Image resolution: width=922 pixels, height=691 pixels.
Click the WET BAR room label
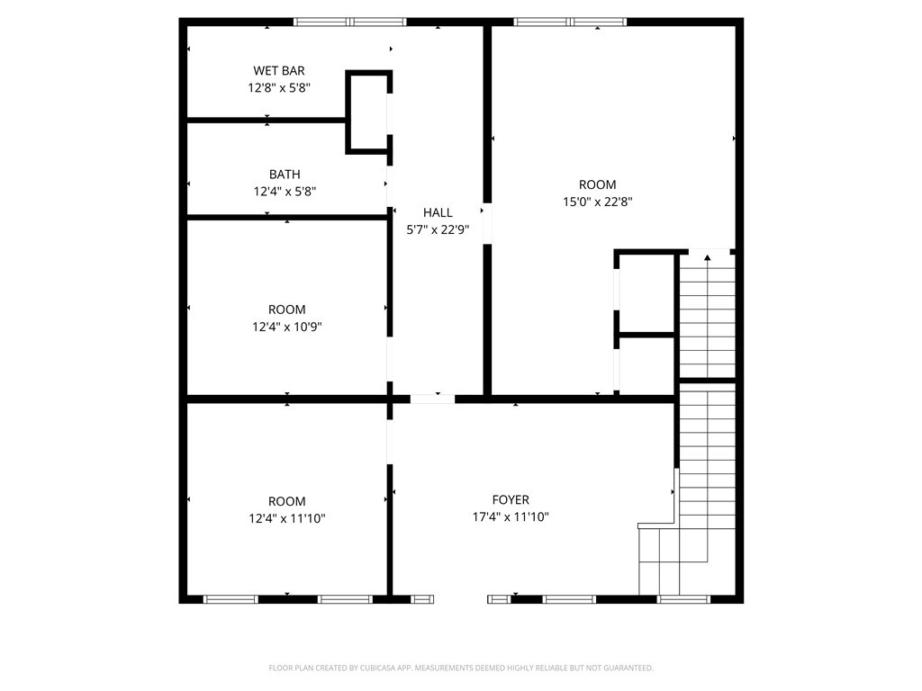click(x=278, y=70)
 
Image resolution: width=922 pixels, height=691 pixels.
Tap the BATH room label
click(x=285, y=174)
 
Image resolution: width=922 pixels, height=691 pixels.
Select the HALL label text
click(x=438, y=212)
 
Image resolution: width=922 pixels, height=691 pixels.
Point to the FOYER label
click(x=511, y=500)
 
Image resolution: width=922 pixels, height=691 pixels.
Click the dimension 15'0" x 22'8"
click(x=598, y=202)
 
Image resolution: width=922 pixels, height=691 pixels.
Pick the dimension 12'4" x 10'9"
click(x=286, y=328)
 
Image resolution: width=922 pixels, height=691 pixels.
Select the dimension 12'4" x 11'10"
click(x=286, y=518)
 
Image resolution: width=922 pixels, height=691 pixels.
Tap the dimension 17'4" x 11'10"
click(x=511, y=517)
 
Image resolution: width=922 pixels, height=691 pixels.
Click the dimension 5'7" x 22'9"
click(x=438, y=229)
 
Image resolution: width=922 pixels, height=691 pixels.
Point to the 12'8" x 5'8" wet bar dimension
click(x=279, y=88)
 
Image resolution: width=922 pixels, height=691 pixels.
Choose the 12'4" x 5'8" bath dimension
click(x=285, y=191)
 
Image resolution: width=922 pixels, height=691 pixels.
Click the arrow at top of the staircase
click(x=707, y=259)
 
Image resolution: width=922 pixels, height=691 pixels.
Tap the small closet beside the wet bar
click(x=368, y=112)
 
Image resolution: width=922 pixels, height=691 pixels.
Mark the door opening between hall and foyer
click(x=432, y=398)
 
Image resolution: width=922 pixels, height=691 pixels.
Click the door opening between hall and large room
click(x=487, y=223)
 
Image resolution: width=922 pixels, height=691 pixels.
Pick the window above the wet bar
click(x=350, y=22)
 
